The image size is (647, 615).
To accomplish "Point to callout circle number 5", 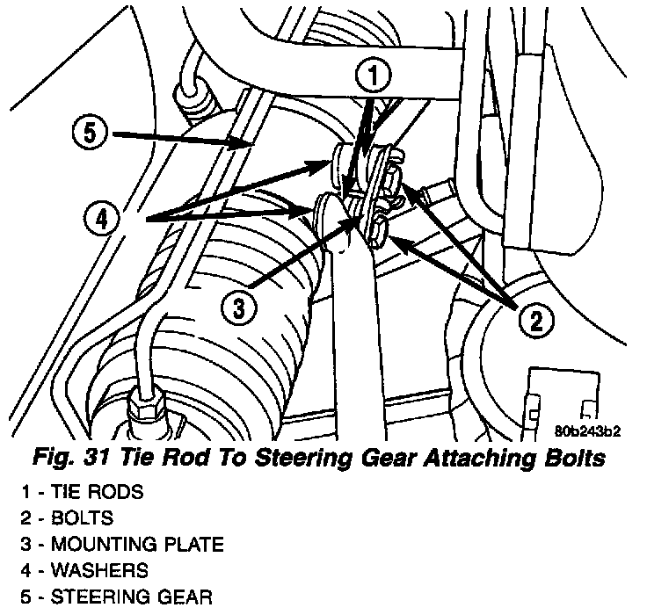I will (x=89, y=134).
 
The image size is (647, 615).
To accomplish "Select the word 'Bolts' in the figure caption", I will (x=564, y=458).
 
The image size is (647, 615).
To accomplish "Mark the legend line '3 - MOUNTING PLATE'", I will (x=112, y=545).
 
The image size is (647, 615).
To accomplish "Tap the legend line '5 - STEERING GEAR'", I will (x=107, y=599).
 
